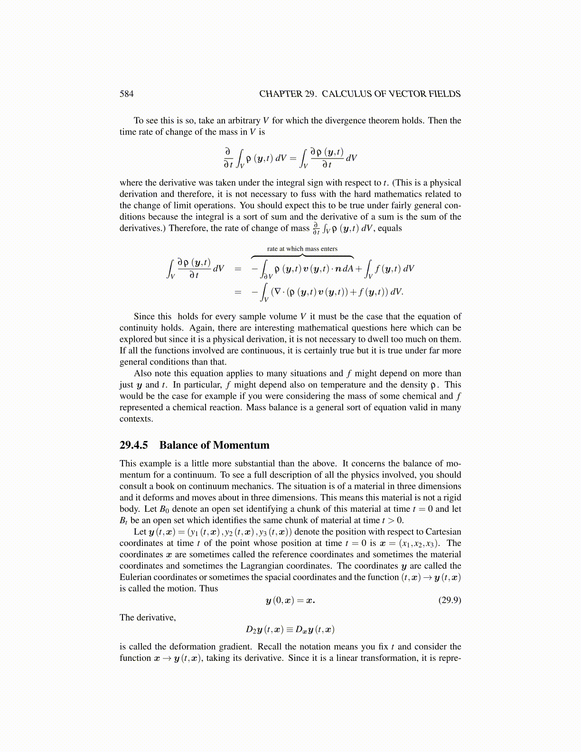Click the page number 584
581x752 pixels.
(x=126, y=94)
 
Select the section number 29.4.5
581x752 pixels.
(x=133, y=445)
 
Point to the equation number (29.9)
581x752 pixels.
(x=449, y=600)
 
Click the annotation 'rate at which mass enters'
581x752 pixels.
(x=302, y=248)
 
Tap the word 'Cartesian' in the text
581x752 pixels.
(x=443, y=532)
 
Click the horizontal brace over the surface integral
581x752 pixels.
(x=302, y=256)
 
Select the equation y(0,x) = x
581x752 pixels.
(x=290, y=600)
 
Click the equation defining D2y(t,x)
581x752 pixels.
(x=290, y=630)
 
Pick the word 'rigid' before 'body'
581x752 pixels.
(x=450, y=498)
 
